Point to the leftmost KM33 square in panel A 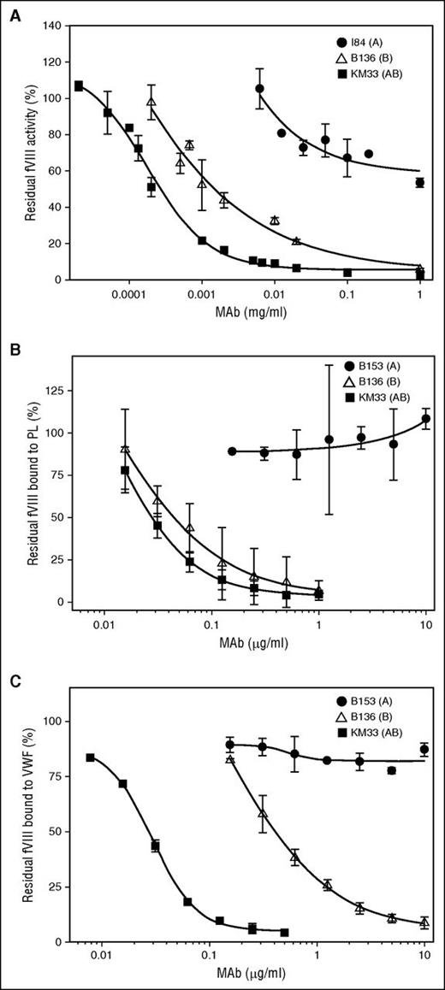(x=79, y=85)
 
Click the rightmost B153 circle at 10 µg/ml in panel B (x=425, y=419)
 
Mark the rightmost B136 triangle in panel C (x=424, y=923)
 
